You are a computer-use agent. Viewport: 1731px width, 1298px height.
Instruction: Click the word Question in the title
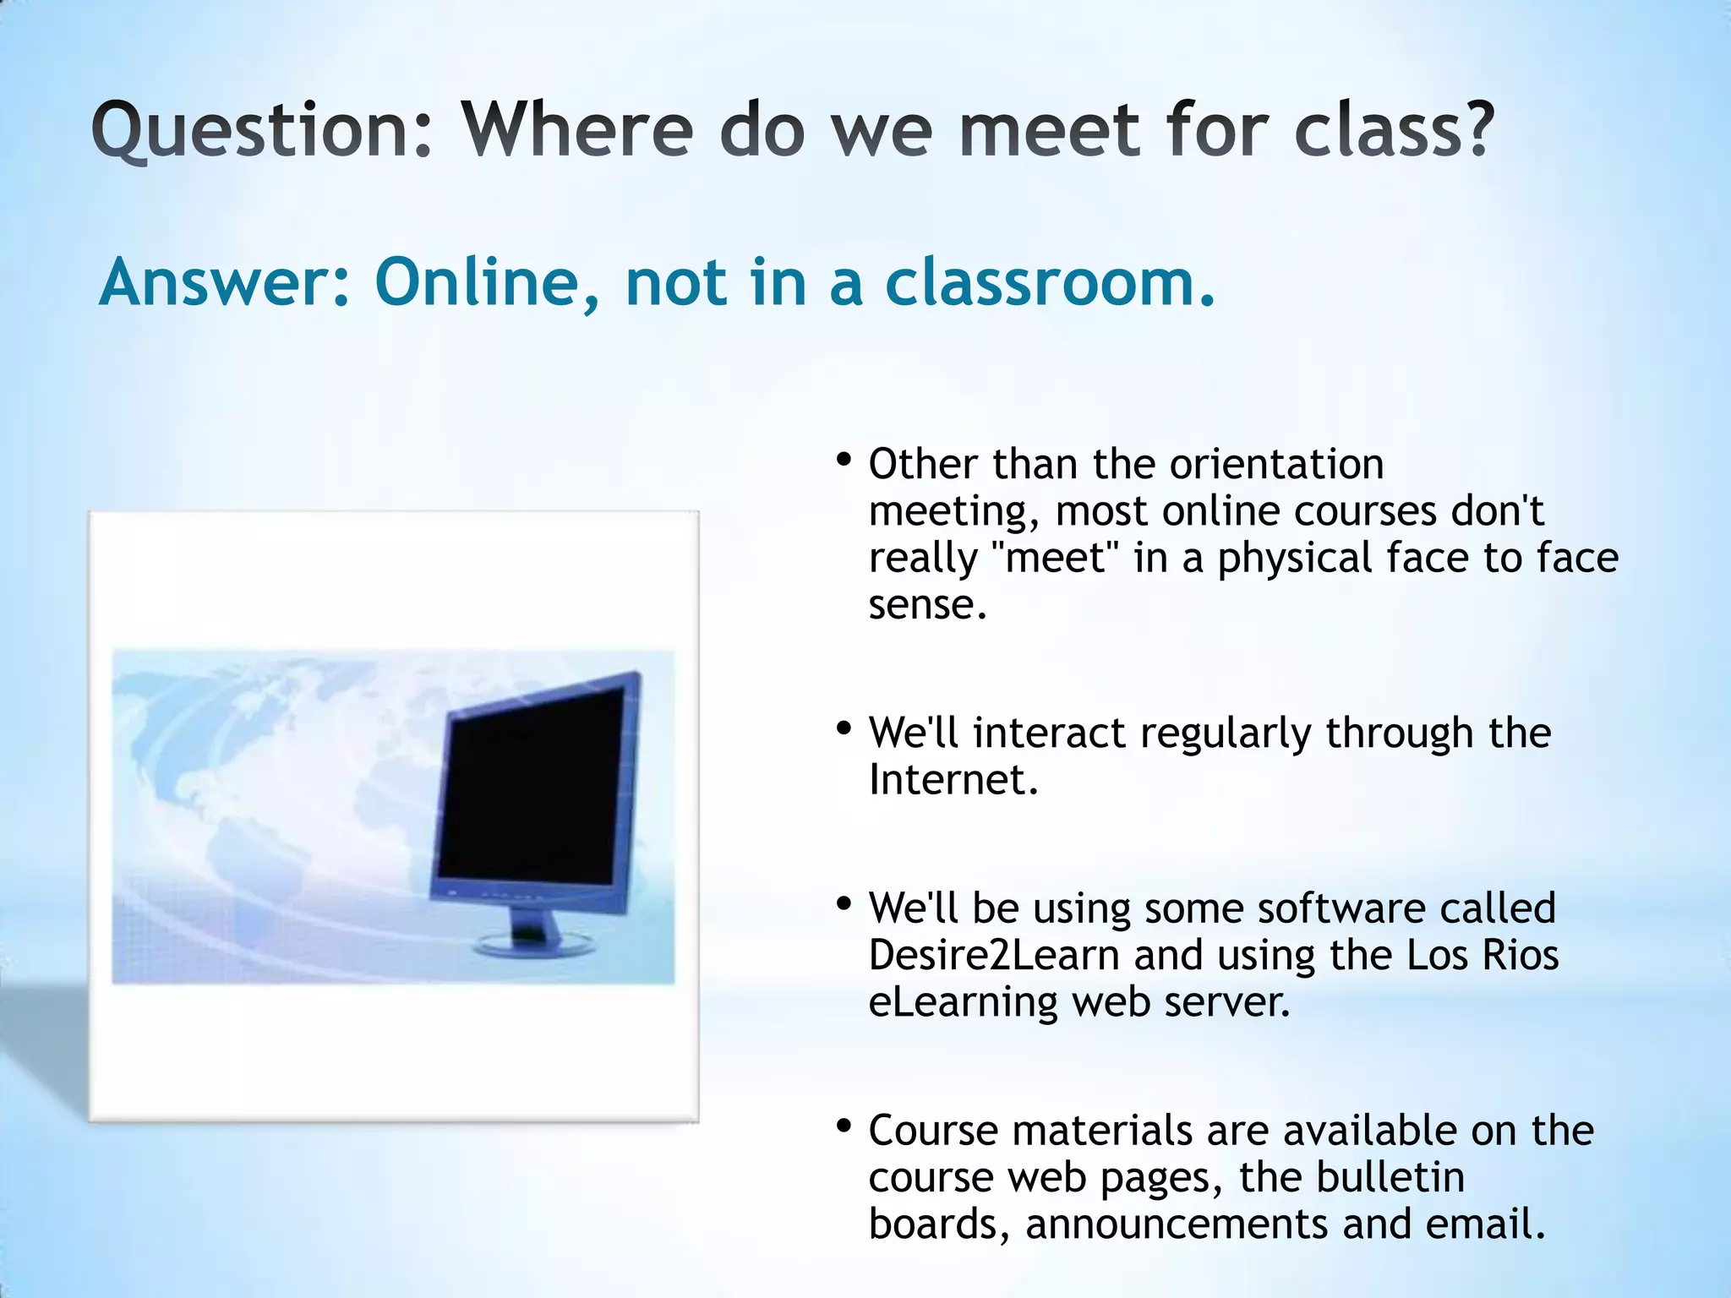tap(262, 131)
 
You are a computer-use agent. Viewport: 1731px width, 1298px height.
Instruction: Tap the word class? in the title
tap(1395, 131)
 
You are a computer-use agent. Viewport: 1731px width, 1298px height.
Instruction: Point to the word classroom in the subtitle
tap(1048, 283)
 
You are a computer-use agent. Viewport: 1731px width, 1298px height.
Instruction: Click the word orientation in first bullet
tap(1276, 465)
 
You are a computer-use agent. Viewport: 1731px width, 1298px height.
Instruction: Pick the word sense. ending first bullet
tap(927, 605)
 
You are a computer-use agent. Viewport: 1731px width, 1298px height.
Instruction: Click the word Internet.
tap(953, 780)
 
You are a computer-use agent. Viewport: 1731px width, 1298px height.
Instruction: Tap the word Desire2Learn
tap(994, 956)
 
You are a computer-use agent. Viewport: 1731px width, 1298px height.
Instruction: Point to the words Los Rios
tap(1483, 956)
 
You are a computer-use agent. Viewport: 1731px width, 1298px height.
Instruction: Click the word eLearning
tap(963, 1003)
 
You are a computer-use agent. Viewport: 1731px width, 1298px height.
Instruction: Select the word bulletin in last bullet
tap(1390, 1177)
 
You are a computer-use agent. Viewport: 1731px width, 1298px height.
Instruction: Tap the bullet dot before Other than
tap(843, 461)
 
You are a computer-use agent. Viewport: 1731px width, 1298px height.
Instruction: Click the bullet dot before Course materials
tap(843, 1126)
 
